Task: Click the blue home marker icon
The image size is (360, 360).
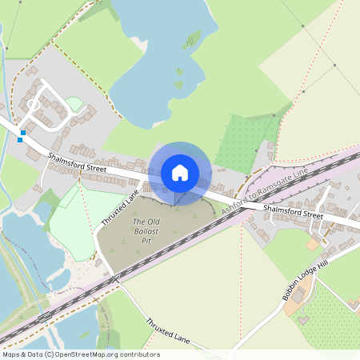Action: pyautogui.click(x=180, y=173)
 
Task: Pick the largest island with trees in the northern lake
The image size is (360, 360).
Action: pyautogui.click(x=191, y=38)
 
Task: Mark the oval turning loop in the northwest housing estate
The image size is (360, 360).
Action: pyautogui.click(x=34, y=102)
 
